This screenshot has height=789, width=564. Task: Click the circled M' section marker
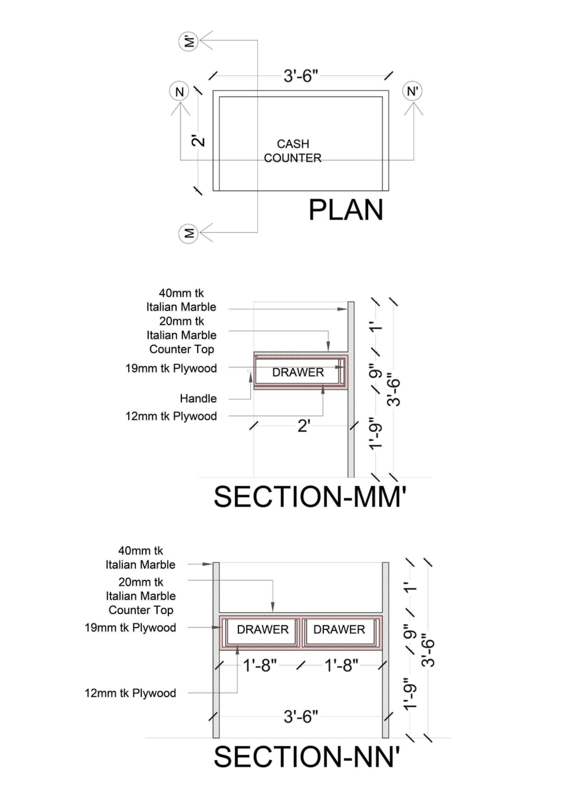188,42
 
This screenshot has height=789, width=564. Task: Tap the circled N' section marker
412,91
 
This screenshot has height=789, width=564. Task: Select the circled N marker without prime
179,92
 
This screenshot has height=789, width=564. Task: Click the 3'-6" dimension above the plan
301,76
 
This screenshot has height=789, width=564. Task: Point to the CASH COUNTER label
293,151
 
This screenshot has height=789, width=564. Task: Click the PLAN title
346,210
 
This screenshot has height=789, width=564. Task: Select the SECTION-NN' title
307,757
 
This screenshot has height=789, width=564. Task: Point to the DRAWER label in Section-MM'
298,372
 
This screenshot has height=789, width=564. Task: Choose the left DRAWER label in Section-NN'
263,630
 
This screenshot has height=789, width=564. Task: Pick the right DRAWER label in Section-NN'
339,630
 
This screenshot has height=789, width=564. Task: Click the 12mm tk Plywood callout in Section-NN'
130,693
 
